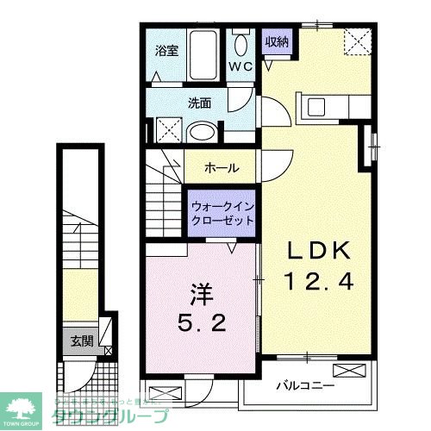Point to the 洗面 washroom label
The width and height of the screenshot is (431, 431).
200,103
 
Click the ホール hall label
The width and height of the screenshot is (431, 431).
221,168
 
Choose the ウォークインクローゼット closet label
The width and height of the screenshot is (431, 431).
223,212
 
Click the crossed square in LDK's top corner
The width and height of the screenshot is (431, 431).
354,41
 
